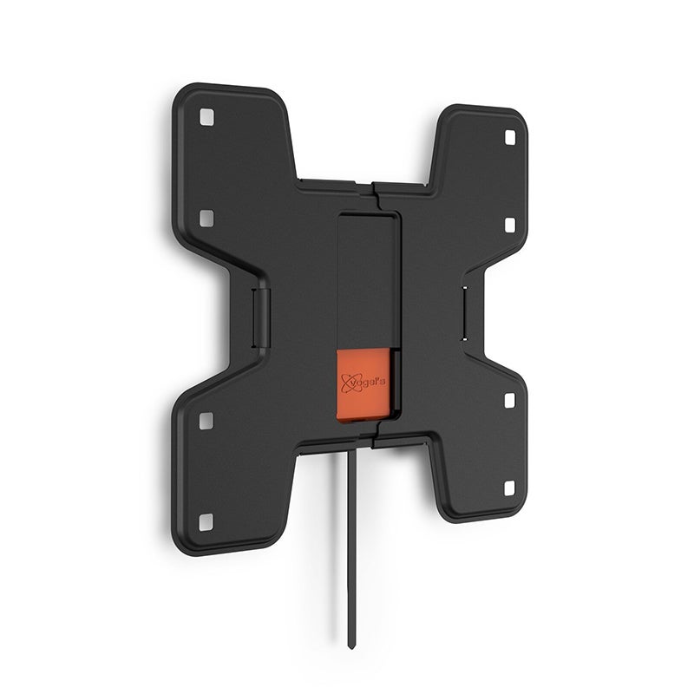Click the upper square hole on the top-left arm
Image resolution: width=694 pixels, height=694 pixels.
pos(206,115)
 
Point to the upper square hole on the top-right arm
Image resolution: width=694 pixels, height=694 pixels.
pos(509,137)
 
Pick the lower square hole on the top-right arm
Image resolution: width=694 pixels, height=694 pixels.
pos(509,225)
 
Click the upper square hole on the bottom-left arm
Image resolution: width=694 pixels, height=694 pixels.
pos(206,421)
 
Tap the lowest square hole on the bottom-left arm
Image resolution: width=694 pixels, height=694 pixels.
pos(206,521)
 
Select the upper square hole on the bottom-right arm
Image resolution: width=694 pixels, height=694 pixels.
pos(509,400)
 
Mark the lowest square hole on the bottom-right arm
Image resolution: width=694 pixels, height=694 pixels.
pos(509,488)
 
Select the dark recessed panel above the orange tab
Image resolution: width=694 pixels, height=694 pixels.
pos(367,278)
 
